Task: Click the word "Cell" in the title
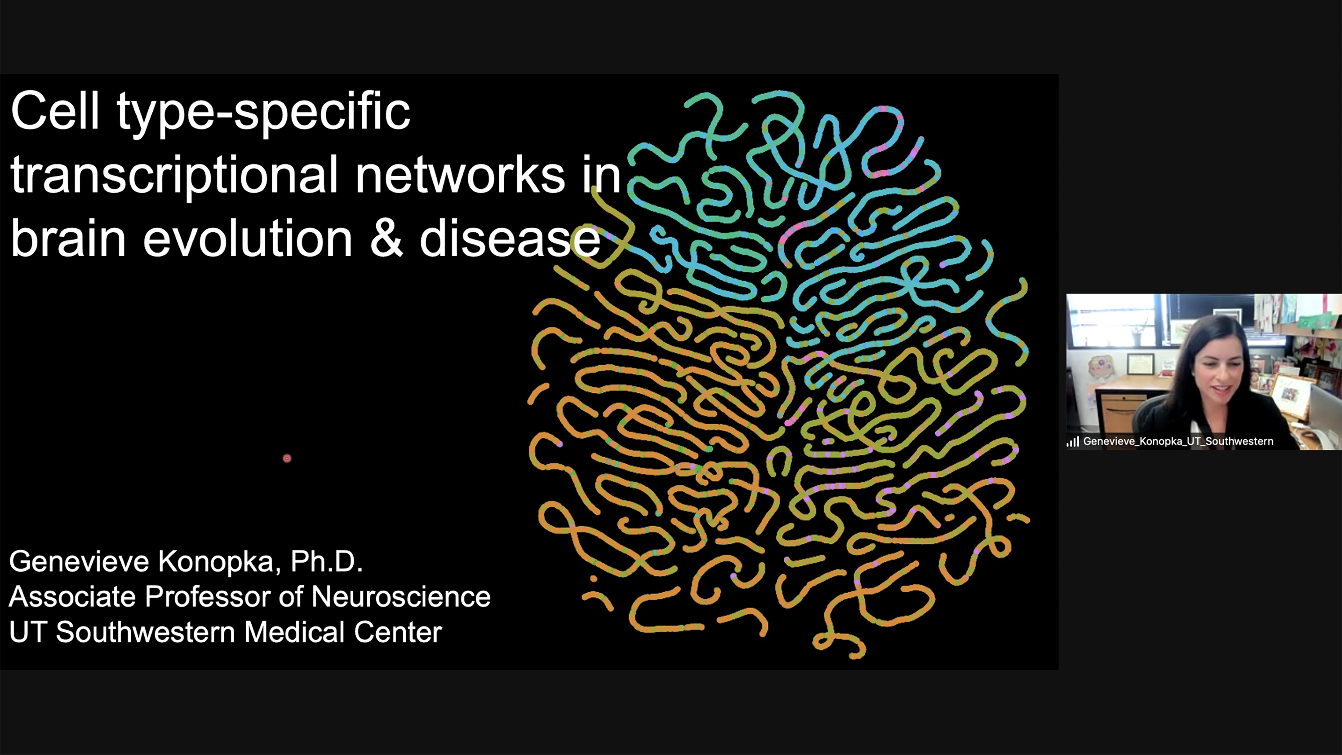(54, 111)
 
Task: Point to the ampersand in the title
(386, 238)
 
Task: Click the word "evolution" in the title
(248, 238)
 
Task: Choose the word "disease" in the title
(510, 238)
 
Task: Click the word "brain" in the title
(68, 238)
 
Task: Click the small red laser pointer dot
(287, 458)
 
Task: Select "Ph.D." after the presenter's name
(326, 561)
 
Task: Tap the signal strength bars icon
(1073, 442)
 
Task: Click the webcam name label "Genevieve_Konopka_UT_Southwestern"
(1178, 441)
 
